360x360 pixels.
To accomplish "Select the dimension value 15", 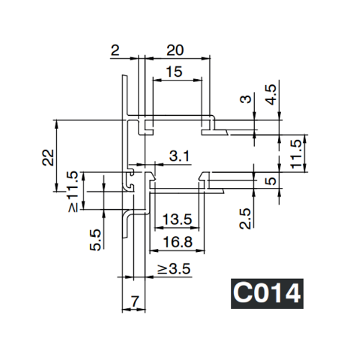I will (x=173, y=71).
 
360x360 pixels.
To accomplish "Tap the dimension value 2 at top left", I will (x=115, y=52).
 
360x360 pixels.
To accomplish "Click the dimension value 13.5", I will (x=177, y=220).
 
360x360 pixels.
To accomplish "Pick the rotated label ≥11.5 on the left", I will (x=72, y=191).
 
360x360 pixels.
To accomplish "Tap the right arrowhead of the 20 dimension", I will (x=209, y=58).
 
